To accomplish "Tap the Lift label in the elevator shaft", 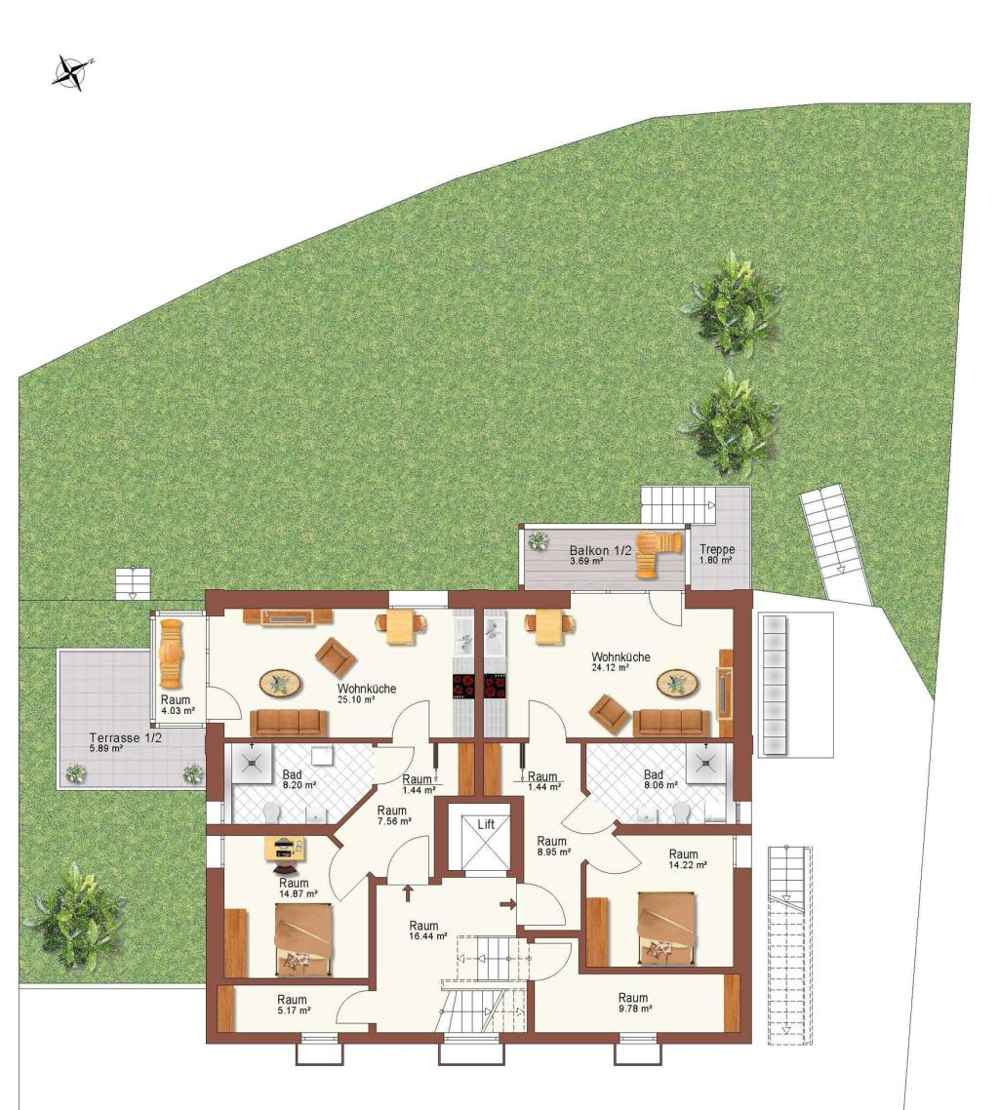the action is [486, 824].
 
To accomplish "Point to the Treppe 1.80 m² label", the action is [717, 554].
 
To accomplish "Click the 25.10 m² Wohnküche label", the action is [366, 694].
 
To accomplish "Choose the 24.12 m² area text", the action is [611, 667].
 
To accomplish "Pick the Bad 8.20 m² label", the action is [299, 779].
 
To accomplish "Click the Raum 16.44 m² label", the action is [427, 931].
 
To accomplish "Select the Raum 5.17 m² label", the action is [292, 1005].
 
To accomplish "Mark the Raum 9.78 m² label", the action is [633, 1003].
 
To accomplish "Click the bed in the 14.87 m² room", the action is [303, 938].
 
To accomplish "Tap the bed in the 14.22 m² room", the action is [666, 928].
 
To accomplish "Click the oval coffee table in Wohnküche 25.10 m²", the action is [280, 683].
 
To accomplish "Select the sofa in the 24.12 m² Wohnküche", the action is [671, 722].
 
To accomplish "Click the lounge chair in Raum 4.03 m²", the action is [172, 654].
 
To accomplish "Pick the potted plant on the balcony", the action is [539, 541].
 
